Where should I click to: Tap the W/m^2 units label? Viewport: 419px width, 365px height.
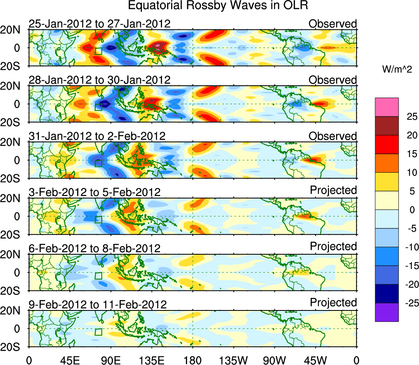coord(397,70)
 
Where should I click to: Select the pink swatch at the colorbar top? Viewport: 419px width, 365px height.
coord(386,107)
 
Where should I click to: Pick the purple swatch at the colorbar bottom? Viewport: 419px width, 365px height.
coord(386,312)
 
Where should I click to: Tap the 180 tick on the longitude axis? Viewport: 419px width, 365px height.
coord(192,360)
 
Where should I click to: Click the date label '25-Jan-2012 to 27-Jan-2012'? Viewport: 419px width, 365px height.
coord(99,24)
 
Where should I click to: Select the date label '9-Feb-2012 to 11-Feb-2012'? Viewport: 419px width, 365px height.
coord(98,305)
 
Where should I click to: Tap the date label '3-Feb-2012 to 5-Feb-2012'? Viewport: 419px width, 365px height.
coord(94,192)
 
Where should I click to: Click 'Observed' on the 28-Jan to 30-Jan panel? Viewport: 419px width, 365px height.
coord(333,80)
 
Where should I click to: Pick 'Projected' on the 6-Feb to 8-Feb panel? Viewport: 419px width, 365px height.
coord(333,246)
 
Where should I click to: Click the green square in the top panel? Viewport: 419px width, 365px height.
coord(98,51)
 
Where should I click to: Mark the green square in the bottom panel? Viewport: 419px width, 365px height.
coord(98,332)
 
